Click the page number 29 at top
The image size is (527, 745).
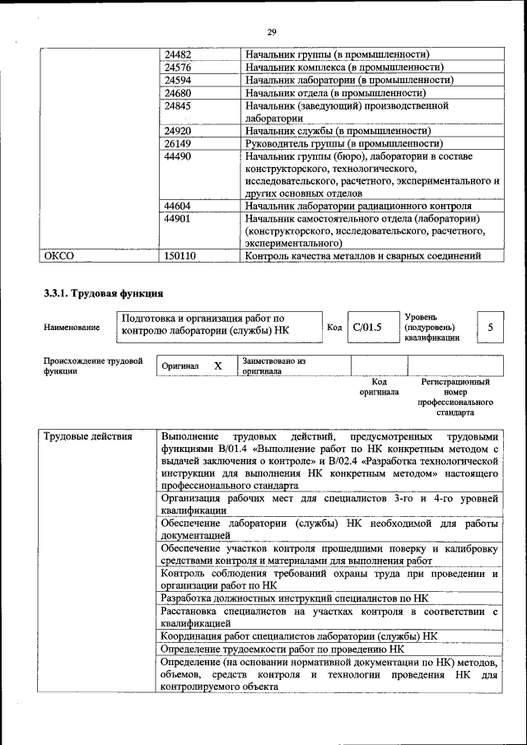(x=271, y=32)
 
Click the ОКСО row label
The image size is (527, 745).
(x=58, y=256)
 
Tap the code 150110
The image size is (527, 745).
(x=180, y=256)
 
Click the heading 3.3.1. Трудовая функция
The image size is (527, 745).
(x=103, y=294)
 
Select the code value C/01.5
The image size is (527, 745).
(x=367, y=328)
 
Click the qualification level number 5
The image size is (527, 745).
(x=491, y=328)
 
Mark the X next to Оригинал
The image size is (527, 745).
(x=217, y=366)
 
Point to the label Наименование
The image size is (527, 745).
(x=72, y=328)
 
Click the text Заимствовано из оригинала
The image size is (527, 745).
(x=273, y=366)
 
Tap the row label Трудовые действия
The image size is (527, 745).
(x=86, y=436)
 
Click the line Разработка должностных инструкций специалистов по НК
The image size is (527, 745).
(x=295, y=598)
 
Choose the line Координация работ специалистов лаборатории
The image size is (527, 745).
(x=299, y=636)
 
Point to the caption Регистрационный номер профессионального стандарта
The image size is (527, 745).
(x=455, y=398)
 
